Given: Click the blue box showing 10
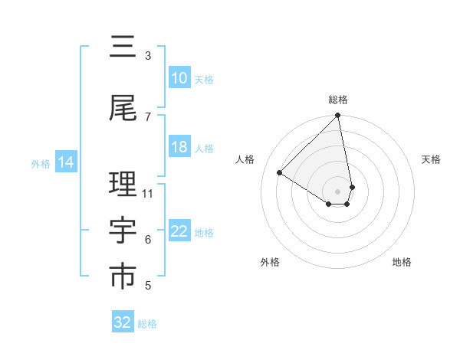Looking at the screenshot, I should click(x=179, y=78).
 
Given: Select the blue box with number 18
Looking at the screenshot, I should click(x=179, y=147).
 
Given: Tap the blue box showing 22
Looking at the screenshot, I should click(x=179, y=231).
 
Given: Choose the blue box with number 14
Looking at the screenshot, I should click(x=66, y=162).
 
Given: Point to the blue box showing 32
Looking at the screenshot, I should click(x=123, y=322).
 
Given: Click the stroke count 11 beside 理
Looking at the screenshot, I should click(x=148, y=193).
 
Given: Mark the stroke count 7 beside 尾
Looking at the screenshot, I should click(x=148, y=116).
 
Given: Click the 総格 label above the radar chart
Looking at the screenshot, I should click(x=338, y=100).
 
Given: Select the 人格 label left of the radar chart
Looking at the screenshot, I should click(x=245, y=159).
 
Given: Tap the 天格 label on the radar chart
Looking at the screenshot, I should click(x=431, y=159).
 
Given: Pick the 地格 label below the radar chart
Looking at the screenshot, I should click(x=402, y=262).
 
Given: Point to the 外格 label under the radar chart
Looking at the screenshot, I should click(x=270, y=262).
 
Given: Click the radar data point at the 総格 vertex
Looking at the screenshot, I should click(x=338, y=116).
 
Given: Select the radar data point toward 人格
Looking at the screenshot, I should click(x=280, y=173).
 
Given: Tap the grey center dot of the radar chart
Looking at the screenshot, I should click(x=338, y=191).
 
